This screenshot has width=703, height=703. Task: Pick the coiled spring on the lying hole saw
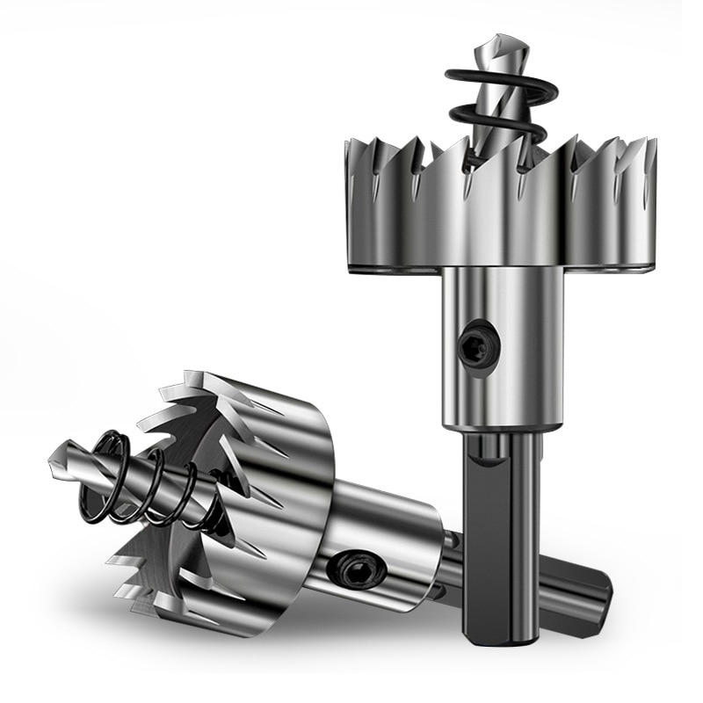pyautogui.click(x=149, y=479)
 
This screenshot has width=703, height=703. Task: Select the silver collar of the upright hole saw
pyautogui.click(x=501, y=351)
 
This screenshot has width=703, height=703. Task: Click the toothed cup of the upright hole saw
pyautogui.click(x=501, y=211)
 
